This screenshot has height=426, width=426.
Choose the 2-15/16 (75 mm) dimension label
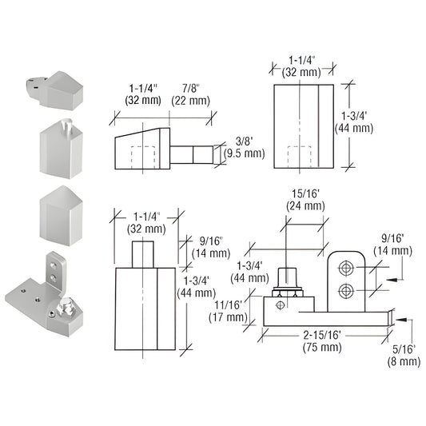pyautogui.click(x=324, y=340)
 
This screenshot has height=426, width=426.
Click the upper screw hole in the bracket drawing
pyautogui.click(x=346, y=265)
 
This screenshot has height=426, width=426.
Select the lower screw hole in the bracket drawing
pyautogui.click(x=346, y=289)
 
